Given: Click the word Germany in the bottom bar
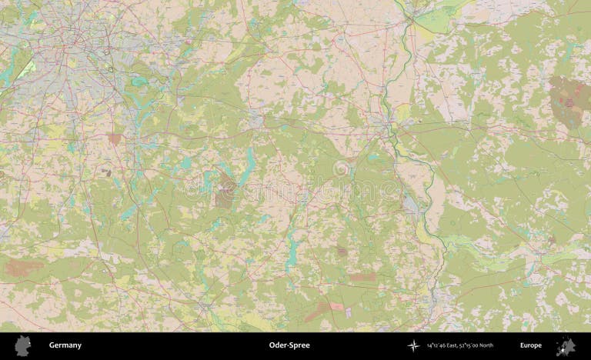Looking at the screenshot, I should coord(65,345).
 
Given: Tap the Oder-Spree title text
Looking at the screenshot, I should coord(289,345).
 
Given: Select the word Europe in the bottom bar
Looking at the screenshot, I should coord(530,345).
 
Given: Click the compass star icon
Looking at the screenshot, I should coord(414,345).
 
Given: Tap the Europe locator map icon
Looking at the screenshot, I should coord(569,345).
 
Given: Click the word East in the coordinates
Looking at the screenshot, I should coord(451,345).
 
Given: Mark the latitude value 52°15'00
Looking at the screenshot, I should coord(467,345).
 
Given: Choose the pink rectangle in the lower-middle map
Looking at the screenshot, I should coord(362,276).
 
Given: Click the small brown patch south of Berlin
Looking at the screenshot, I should coord(115,139).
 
